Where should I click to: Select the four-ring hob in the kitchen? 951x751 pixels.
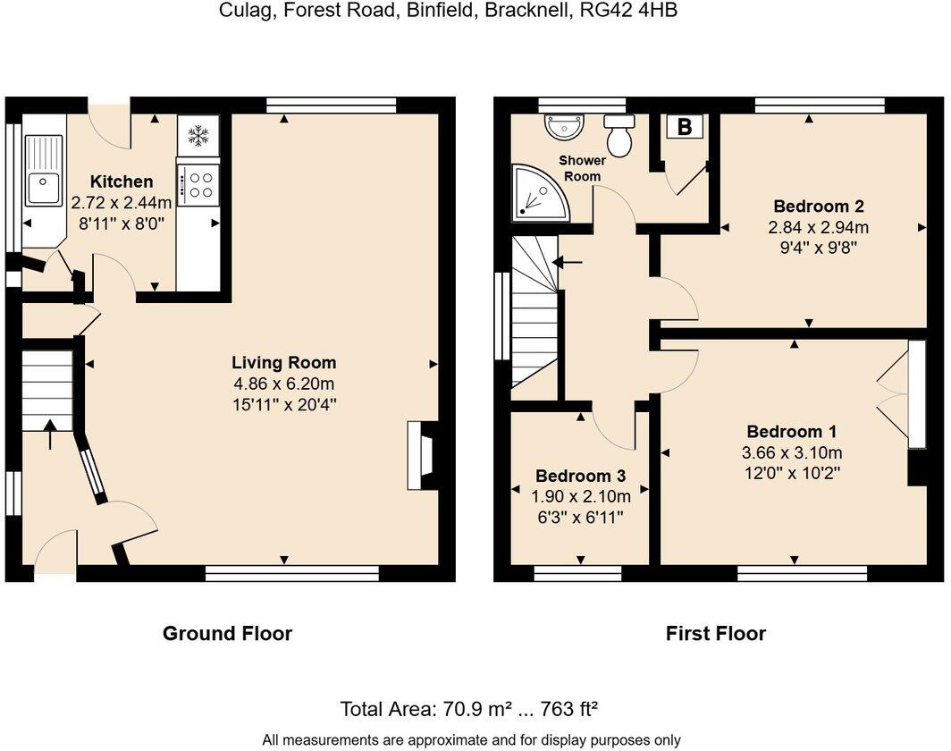point(197,184)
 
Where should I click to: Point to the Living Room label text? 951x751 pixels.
point(283,362)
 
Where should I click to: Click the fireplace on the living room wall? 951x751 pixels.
point(421,456)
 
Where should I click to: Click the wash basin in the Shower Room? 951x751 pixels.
point(564,127)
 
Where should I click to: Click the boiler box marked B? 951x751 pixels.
point(685,127)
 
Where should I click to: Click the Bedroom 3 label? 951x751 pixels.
point(580,476)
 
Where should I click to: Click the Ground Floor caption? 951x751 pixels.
point(227,634)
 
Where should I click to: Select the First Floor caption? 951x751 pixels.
point(715,634)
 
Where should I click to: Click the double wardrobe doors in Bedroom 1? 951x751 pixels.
point(894,392)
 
